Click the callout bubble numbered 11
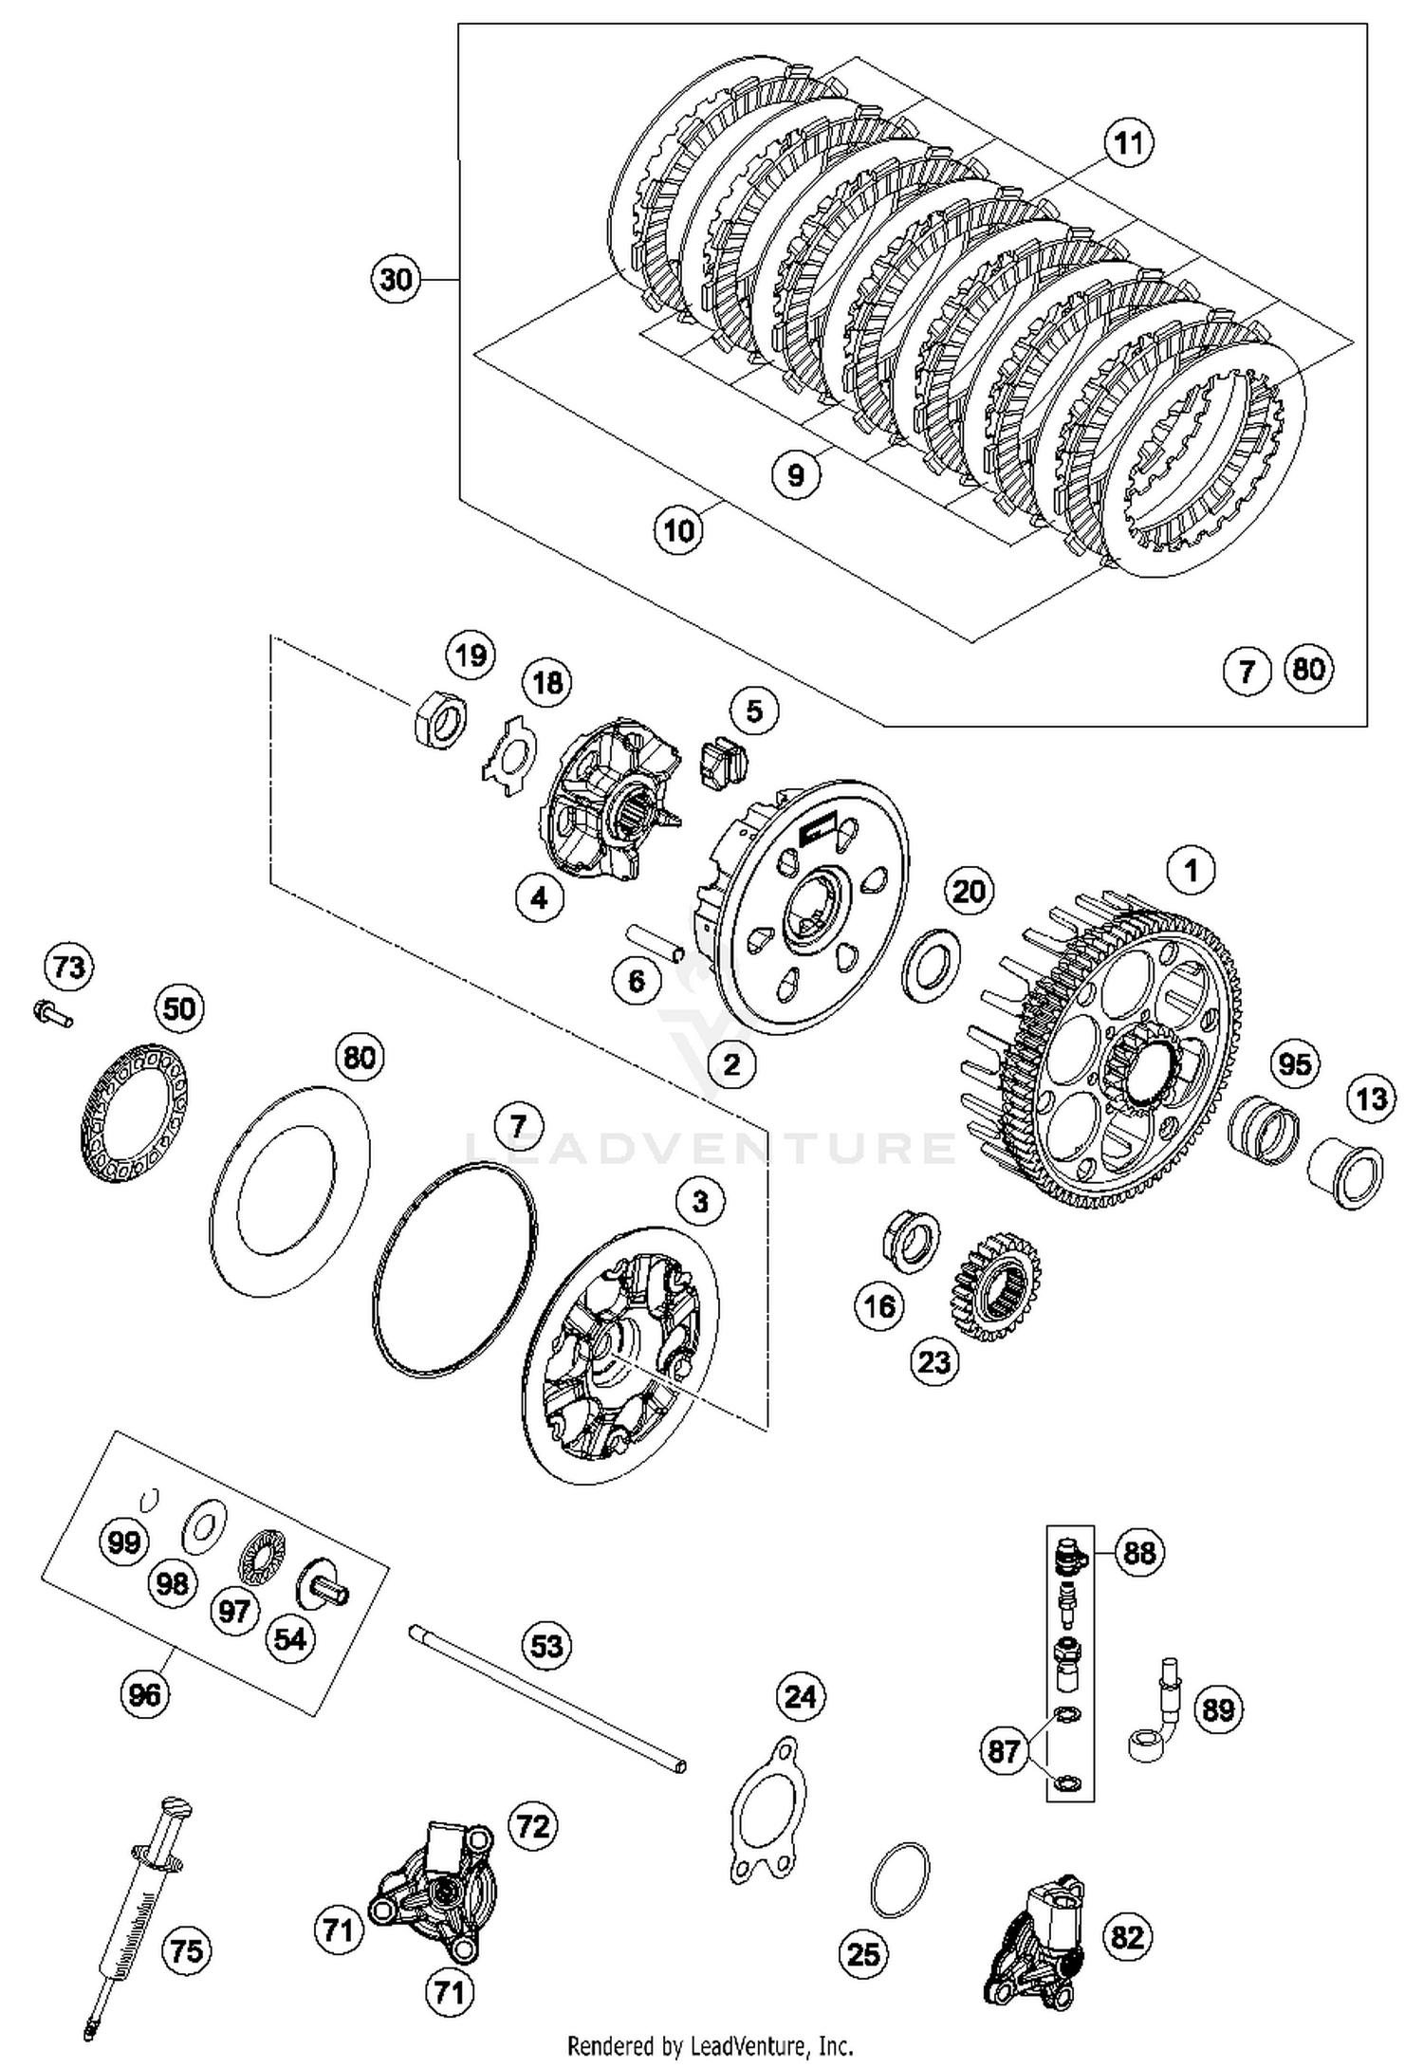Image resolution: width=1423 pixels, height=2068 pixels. click(x=1128, y=144)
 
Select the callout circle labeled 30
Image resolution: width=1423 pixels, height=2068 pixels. click(x=396, y=279)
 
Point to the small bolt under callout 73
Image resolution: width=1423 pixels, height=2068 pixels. click(x=53, y=1015)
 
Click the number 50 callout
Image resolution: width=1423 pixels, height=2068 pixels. click(x=179, y=1007)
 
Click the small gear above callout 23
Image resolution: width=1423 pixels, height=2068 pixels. click(x=996, y=1285)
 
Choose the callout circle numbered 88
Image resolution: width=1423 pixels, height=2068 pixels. click(x=1139, y=1553)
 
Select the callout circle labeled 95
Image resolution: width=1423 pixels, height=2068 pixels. click(x=1294, y=1064)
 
